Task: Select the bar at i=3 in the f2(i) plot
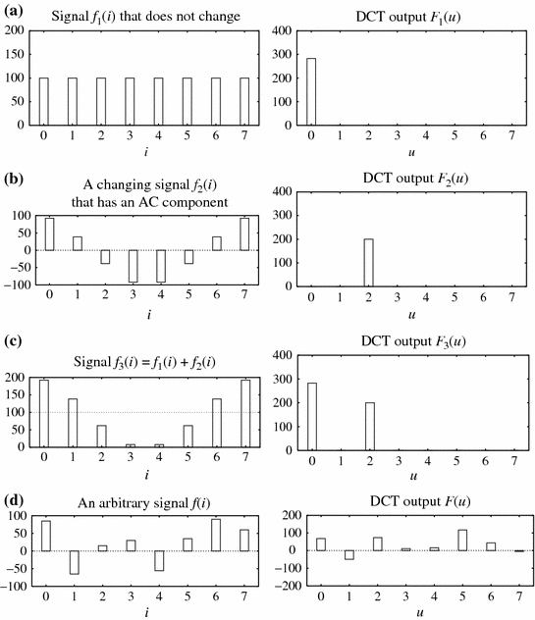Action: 131,267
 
